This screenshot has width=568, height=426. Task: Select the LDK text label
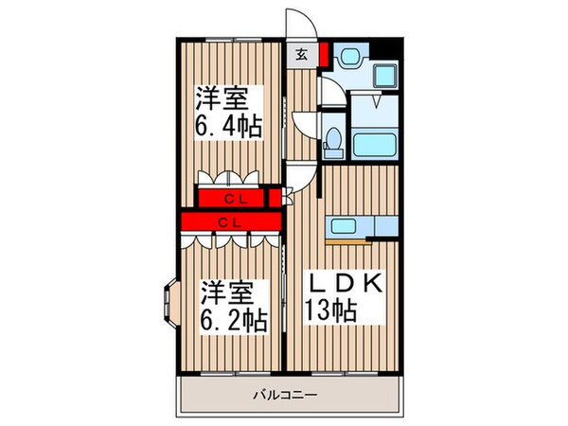[343, 284]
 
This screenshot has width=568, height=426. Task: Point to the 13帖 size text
[330, 308]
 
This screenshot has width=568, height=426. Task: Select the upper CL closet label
[232, 198]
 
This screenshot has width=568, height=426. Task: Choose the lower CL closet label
[227, 222]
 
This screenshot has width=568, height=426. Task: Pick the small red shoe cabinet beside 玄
[324, 54]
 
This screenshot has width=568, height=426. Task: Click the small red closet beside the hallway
[275, 197]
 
